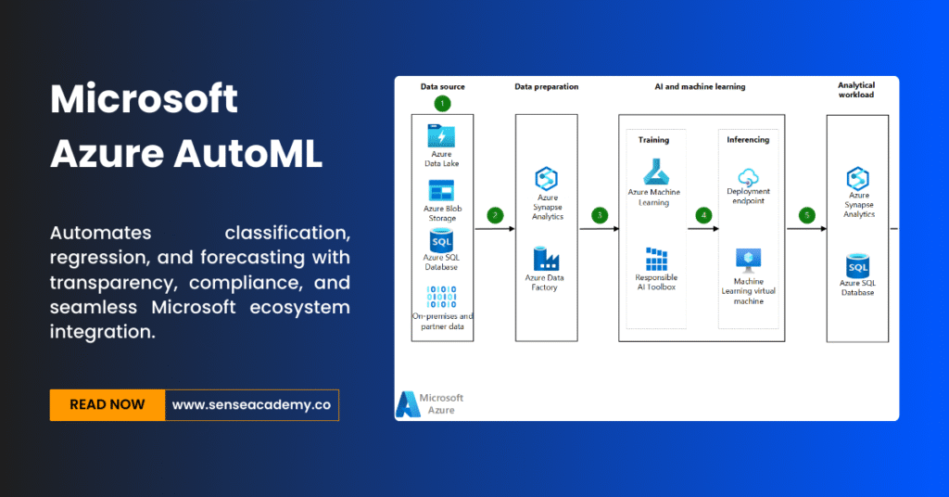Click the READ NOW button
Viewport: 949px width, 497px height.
108,405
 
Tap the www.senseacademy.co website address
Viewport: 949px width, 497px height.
252,405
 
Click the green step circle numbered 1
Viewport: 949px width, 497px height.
442,103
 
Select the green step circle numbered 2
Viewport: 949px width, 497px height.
495,216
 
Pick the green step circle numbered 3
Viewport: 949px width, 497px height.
600,216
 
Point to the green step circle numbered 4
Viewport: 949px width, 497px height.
703,216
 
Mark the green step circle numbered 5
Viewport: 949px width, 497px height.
806,216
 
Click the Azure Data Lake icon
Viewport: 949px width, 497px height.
441,135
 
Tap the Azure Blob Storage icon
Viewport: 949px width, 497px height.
441,190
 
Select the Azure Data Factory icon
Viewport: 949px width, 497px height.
545,259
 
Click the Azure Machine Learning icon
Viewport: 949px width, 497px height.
654,172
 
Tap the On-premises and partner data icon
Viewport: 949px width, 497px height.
441,297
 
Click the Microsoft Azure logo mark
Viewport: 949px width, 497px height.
407,403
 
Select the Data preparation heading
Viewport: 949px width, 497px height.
546,87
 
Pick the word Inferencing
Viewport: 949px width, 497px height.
749,140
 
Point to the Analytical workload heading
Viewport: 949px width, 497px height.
855,91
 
